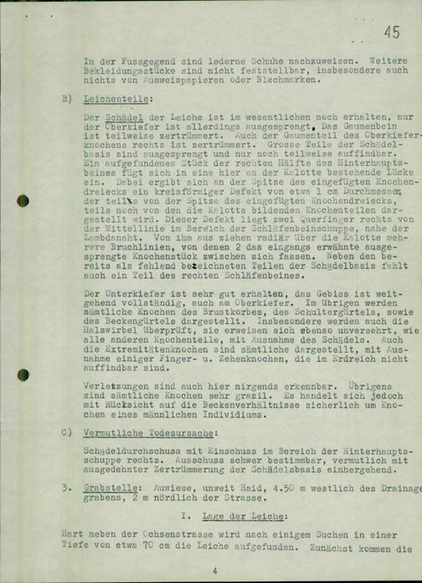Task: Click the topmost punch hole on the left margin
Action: coord(23,13)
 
